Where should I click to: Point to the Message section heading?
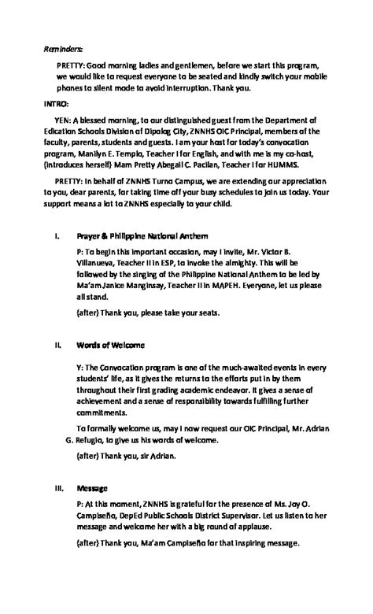(91, 488)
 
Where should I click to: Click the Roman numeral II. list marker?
(57, 345)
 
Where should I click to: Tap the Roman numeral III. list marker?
(58, 488)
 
